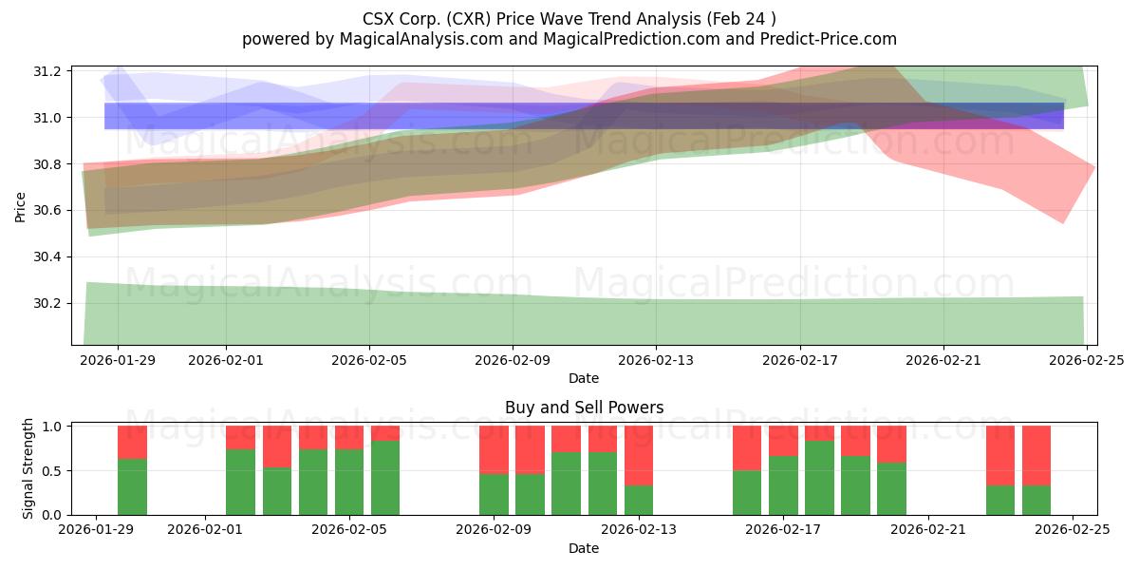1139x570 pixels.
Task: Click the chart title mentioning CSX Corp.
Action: [569, 18]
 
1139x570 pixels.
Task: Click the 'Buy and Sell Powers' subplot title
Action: [583, 408]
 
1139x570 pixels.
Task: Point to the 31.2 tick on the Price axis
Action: [48, 71]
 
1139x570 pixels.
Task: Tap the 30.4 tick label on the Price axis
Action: [48, 257]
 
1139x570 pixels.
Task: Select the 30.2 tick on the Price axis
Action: [48, 304]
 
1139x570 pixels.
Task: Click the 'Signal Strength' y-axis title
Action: [28, 468]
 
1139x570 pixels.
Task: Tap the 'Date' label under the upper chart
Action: [583, 378]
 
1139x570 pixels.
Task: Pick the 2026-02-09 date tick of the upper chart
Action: [513, 360]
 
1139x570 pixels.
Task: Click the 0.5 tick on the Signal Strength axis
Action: [52, 471]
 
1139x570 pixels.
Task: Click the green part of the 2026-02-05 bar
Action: [349, 483]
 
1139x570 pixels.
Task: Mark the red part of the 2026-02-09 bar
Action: [494, 448]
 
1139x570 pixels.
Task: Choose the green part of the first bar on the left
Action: [132, 486]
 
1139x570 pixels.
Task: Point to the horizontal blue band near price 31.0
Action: [584, 116]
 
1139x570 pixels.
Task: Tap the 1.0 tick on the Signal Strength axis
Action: [52, 427]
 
